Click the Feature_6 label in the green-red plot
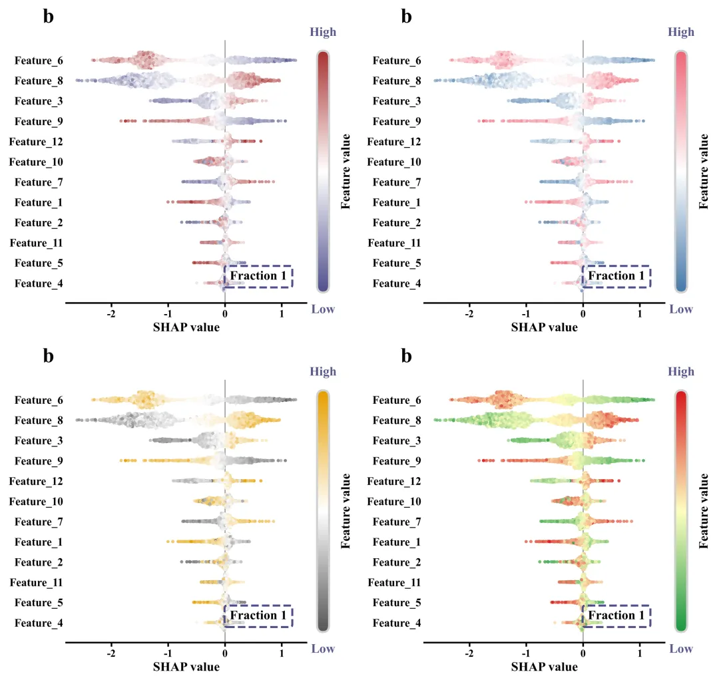tap(397, 401)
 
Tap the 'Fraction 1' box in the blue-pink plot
tap(616, 276)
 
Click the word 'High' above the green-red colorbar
tap(681, 372)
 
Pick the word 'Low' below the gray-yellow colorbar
tap(323, 649)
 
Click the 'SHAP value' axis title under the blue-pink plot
tap(545, 327)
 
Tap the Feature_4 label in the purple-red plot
tap(39, 284)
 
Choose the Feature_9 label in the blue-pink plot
tap(397, 122)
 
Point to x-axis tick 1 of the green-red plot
tap(640, 655)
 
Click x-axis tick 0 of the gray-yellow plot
tap(225, 655)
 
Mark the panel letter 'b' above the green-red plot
tap(407, 356)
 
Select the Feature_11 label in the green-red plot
tap(394, 583)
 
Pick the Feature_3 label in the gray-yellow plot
tap(39, 441)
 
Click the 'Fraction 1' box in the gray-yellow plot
tap(258, 616)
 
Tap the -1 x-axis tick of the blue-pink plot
tap(526, 315)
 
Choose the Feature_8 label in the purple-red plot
tap(39, 81)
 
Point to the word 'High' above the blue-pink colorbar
tap(681, 32)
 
